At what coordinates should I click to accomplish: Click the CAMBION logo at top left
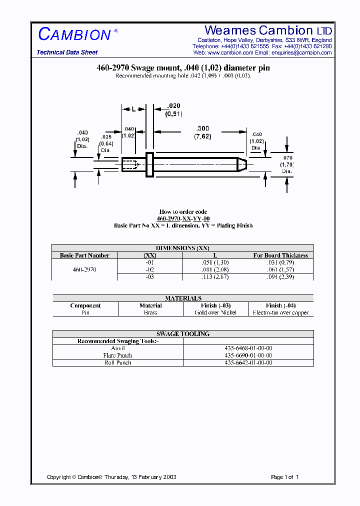pyautogui.click(x=75, y=34)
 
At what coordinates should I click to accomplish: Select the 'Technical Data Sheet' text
pyautogui.click(x=67, y=52)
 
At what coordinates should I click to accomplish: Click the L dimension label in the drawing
pyautogui.click(x=133, y=108)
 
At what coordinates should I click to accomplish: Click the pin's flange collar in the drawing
pyautogui.click(x=149, y=164)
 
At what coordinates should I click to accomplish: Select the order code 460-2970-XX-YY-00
pyautogui.click(x=183, y=219)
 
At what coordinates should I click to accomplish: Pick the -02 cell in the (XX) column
pyautogui.click(x=150, y=269)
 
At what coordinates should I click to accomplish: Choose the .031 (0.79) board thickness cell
pyautogui.click(x=280, y=262)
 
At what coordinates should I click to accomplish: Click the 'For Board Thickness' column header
pyautogui.click(x=280, y=255)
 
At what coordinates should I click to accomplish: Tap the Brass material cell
pyautogui.click(x=150, y=312)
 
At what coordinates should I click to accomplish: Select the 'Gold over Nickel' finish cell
pyautogui.click(x=215, y=312)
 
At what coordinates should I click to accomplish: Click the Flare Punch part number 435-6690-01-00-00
pyautogui.click(x=248, y=355)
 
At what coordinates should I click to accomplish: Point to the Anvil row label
pyautogui.click(x=118, y=348)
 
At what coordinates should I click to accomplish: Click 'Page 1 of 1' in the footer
pyautogui.click(x=284, y=477)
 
